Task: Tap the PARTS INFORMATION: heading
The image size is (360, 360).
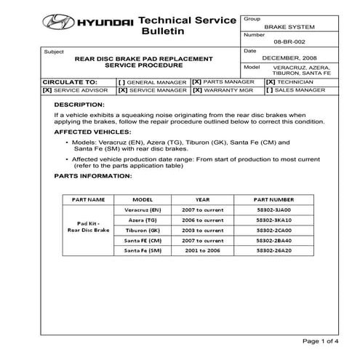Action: [92, 176]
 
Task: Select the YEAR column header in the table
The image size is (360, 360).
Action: [203, 199]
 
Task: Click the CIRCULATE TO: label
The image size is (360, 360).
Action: [70, 82]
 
